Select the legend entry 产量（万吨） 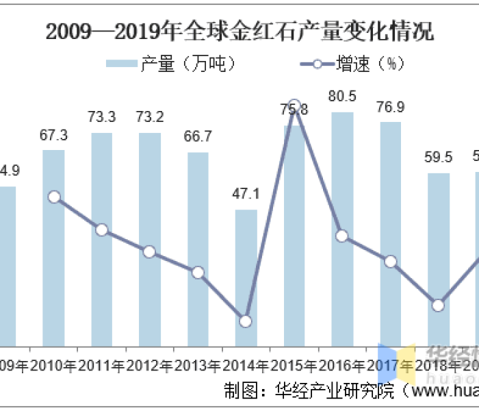(x=171, y=64)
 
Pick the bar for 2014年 (x=246, y=277)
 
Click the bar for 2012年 (x=150, y=239)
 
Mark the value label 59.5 (x=439, y=158)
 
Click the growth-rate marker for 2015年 (x=294, y=105)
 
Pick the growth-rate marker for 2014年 (x=246, y=321)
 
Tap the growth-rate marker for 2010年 (x=54, y=197)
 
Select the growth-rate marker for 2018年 (x=439, y=305)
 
